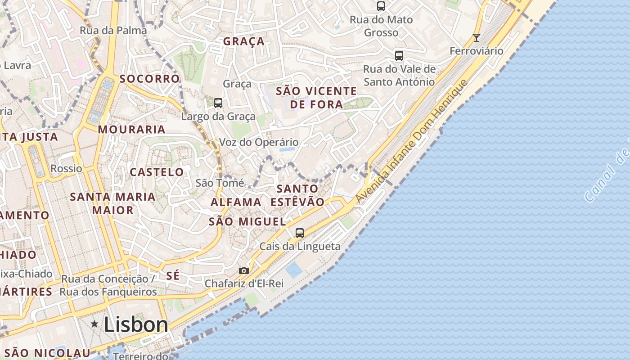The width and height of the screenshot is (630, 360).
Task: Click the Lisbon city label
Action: (136, 324)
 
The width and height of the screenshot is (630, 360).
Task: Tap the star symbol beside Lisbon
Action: (94, 324)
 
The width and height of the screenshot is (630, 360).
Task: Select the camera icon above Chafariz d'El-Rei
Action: (243, 270)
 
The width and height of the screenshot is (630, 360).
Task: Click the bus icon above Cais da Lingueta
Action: (300, 233)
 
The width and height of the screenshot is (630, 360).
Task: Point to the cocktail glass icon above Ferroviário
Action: (477, 37)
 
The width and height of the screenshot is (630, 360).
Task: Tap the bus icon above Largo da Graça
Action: (218, 103)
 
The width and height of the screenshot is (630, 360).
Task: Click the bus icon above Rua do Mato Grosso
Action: (381, 6)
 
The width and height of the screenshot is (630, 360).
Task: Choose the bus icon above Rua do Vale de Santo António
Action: (399, 55)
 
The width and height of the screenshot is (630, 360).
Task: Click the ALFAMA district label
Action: (236, 202)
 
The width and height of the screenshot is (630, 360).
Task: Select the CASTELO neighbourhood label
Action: (157, 172)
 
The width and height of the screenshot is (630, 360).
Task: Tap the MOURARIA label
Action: (132, 130)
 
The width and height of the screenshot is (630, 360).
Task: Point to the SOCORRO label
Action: (150, 79)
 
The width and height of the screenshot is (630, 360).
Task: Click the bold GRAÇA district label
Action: (244, 41)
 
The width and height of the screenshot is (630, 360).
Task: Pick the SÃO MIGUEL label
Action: (247, 221)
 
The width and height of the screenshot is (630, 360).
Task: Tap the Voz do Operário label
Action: (258, 142)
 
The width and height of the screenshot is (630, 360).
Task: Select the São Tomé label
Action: (220, 183)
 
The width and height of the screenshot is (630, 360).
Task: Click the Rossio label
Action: (66, 168)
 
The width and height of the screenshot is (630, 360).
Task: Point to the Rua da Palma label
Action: (113, 30)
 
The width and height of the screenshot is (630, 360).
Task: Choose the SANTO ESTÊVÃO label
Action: (297, 195)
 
